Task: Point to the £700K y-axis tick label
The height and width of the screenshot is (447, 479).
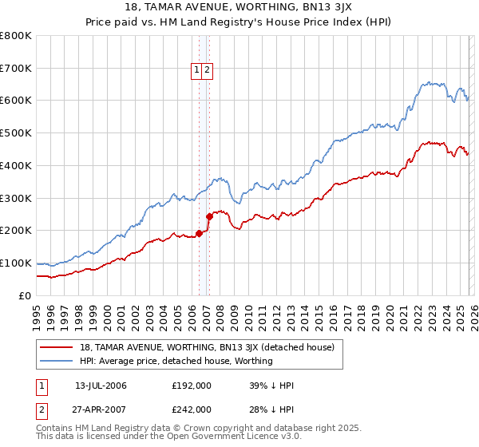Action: (x=16, y=69)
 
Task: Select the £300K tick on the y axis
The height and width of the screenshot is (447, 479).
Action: (x=16, y=198)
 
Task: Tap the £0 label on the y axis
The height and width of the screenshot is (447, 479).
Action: (x=24, y=295)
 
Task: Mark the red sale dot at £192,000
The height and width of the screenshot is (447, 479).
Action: (x=198, y=233)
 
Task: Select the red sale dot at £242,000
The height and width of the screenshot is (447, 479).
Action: (x=209, y=216)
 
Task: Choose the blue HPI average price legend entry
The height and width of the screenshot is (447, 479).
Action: (x=176, y=361)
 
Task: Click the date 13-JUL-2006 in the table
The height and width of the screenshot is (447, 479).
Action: (x=101, y=386)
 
